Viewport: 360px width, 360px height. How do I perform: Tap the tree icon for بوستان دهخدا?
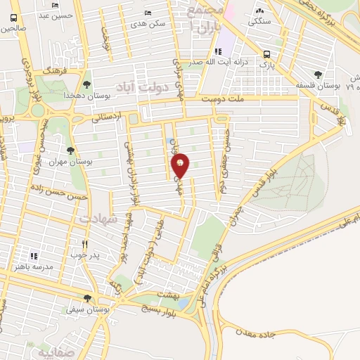(x=86, y=84)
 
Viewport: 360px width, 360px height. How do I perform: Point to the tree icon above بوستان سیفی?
(x=87, y=298)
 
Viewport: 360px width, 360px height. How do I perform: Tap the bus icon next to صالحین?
(x=14, y=18)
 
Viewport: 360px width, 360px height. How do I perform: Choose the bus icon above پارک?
(x=266, y=54)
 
